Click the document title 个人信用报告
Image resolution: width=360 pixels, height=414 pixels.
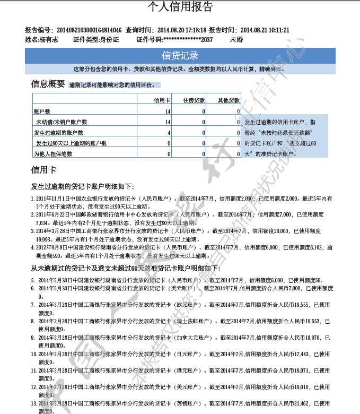click(x=180, y=7)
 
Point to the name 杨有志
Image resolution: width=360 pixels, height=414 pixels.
click(x=48, y=40)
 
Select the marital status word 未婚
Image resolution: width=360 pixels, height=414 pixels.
click(x=236, y=40)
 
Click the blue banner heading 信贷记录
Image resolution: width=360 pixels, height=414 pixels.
click(x=180, y=56)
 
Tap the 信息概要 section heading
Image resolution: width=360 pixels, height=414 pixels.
click(x=48, y=84)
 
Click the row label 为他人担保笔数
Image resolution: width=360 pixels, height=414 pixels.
click(x=53, y=154)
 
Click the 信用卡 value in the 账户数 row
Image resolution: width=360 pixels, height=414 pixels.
click(x=168, y=111)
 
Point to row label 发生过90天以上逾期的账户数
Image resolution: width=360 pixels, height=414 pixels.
click(x=72, y=143)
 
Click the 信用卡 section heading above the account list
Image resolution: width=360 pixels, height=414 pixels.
click(x=44, y=170)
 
